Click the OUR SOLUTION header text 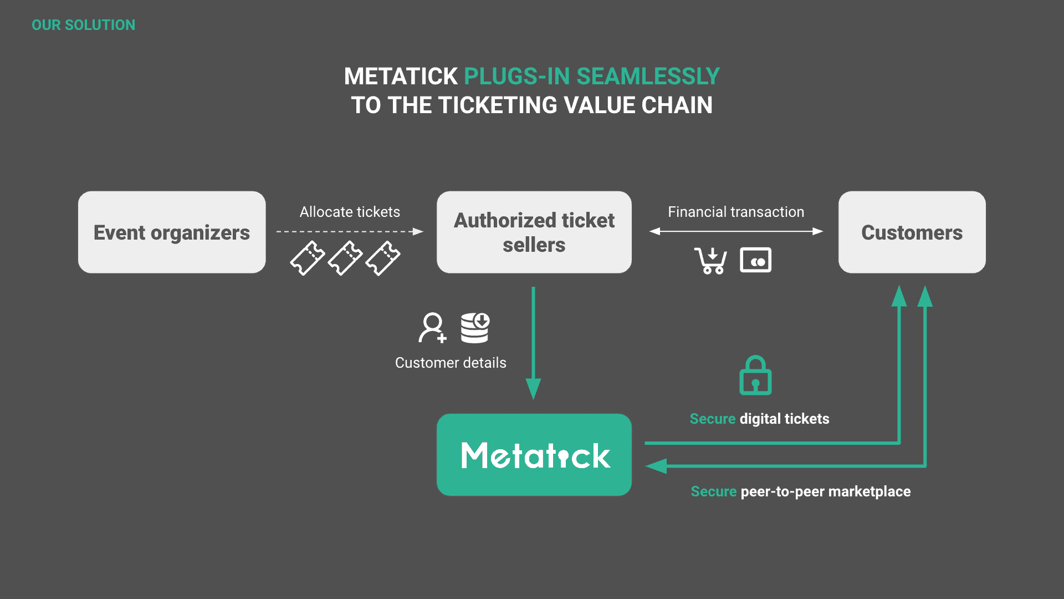[x=83, y=25]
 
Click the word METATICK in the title [x=401, y=77]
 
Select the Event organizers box [x=172, y=232]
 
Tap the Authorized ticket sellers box [x=534, y=232]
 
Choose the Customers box [x=912, y=232]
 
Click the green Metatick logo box [x=534, y=455]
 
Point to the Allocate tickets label [x=350, y=212]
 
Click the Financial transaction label [x=735, y=212]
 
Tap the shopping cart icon [x=710, y=260]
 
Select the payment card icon [x=755, y=260]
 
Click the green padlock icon [x=755, y=375]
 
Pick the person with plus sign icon [x=432, y=328]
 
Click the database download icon [x=475, y=328]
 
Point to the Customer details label [x=451, y=363]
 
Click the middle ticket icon [x=345, y=258]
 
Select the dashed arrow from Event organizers [x=349, y=231]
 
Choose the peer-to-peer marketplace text [x=825, y=491]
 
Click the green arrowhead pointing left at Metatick [x=657, y=466]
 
